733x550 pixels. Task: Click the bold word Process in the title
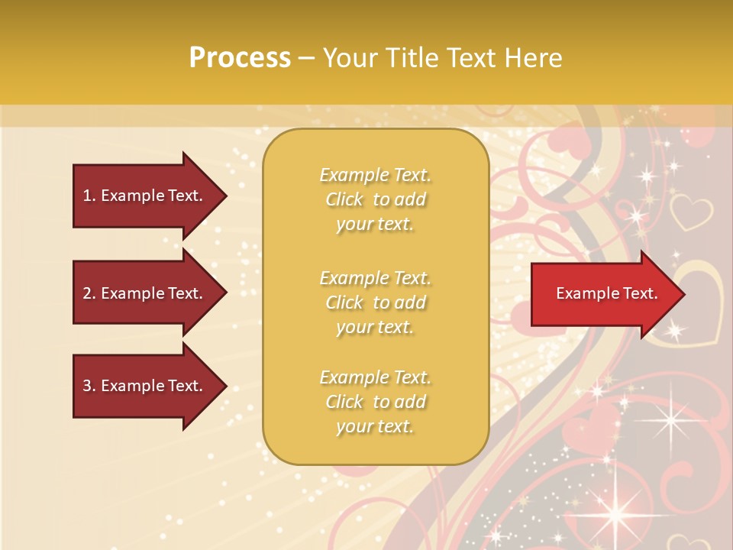click(x=240, y=58)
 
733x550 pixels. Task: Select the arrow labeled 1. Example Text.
click(x=145, y=196)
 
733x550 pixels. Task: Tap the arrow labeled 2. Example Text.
click(x=145, y=293)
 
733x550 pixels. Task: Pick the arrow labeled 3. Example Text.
click(x=145, y=386)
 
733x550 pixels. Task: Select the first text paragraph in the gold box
click(x=375, y=199)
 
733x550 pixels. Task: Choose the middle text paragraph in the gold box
click(x=375, y=302)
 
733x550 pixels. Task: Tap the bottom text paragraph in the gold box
click(x=375, y=402)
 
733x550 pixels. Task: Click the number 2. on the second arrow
click(x=89, y=293)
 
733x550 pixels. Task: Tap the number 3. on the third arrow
click(x=89, y=386)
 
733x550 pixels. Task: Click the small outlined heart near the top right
click(x=690, y=212)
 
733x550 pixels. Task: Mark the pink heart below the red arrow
click(x=596, y=424)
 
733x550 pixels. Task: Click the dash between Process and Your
click(x=306, y=58)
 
